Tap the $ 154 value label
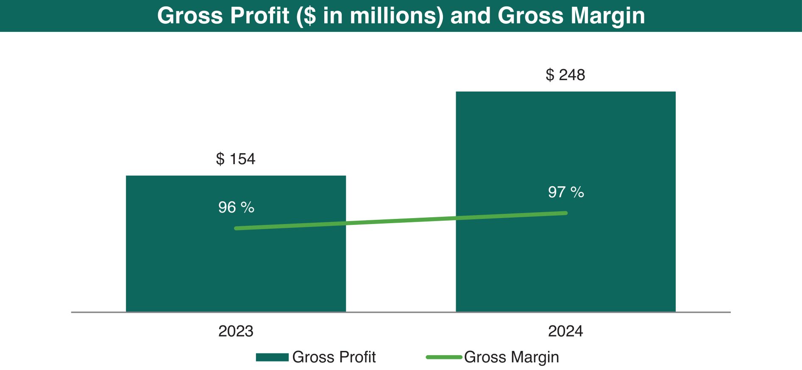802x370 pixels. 236,159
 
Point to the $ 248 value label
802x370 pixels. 565,75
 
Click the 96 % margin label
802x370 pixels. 236,207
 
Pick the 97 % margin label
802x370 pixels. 566,192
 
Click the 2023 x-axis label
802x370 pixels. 236,331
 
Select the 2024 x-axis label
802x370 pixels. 565,331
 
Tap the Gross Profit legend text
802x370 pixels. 334,357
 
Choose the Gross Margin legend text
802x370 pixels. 512,357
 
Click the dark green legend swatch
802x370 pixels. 272,357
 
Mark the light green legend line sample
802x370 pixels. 444,357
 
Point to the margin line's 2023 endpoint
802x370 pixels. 236,228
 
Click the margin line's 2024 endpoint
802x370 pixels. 565,213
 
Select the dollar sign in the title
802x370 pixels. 310,16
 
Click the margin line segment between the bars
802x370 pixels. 401,221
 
